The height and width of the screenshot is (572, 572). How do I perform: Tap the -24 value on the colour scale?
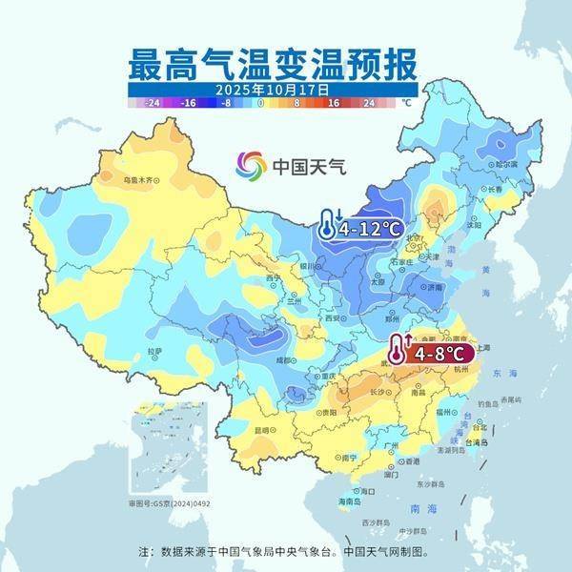click(x=153, y=101)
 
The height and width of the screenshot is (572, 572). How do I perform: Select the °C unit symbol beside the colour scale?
click(x=405, y=101)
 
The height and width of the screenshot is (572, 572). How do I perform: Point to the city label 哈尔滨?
click(x=505, y=164)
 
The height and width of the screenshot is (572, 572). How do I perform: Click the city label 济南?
click(x=434, y=286)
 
